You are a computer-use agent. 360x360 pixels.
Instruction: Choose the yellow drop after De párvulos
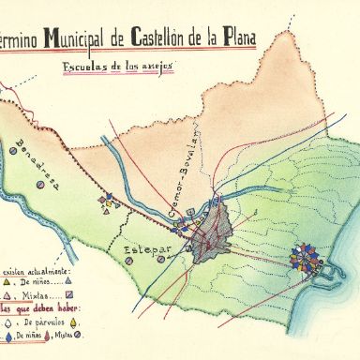click(x=71, y=321)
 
